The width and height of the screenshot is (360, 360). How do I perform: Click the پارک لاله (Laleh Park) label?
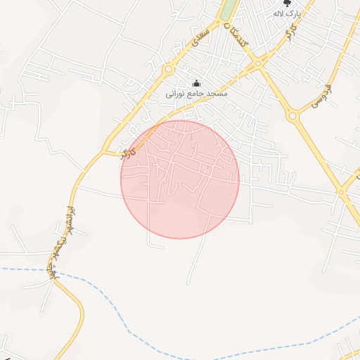point(287,13)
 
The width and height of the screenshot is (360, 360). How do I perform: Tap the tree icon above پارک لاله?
point(287,4)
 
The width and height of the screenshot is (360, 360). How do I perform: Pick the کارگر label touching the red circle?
point(127,153)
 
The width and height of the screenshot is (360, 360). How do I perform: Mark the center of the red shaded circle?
point(180,179)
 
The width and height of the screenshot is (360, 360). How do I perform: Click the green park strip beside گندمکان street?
point(228,10)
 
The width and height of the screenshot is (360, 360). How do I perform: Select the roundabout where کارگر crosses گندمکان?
point(258,63)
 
